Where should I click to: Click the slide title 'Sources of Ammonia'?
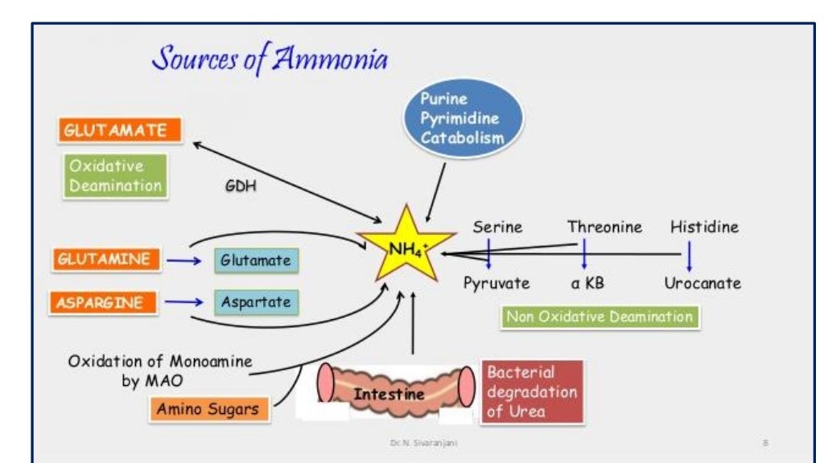point(270,59)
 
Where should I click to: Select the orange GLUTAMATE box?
point(118,130)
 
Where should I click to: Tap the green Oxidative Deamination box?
point(115,175)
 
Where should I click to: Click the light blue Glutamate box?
point(255,260)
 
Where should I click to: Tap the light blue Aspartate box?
point(256,302)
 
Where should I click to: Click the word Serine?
point(497,227)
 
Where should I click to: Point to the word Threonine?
point(604,227)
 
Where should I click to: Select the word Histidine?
point(704,227)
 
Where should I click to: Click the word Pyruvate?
point(496,283)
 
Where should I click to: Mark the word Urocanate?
point(702,283)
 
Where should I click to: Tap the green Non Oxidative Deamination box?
point(599,316)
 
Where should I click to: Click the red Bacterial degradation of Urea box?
point(532,392)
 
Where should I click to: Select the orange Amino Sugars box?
point(208,409)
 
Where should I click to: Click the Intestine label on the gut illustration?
point(389,395)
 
